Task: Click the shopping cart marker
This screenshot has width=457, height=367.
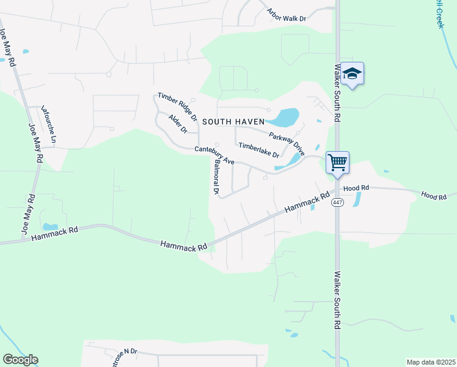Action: pyautogui.click(x=337, y=163)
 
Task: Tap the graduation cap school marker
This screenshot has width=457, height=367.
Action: pyautogui.click(x=352, y=74)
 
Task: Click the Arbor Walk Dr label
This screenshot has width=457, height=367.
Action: pyautogui.click(x=287, y=15)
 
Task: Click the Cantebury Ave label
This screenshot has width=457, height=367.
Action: pyautogui.click(x=214, y=155)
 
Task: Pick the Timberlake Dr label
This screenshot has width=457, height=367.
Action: pyautogui.click(x=258, y=150)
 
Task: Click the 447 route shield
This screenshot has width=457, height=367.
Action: pyautogui.click(x=337, y=202)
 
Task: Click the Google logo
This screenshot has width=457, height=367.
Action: pyautogui.click(x=20, y=360)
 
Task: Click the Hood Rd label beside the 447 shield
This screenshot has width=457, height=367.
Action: pyautogui.click(x=357, y=188)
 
